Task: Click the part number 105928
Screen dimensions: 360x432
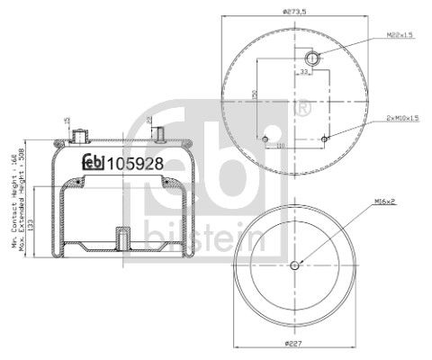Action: [x=134, y=163]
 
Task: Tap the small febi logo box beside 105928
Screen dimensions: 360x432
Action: [x=94, y=163]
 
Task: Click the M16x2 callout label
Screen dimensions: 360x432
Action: [x=388, y=204]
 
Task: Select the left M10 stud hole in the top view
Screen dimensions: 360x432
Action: [x=265, y=138]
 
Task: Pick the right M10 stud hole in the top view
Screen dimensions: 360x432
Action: [x=326, y=138]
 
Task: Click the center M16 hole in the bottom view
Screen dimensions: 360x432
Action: [x=295, y=265]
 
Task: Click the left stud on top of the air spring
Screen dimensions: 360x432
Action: [x=78, y=137]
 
